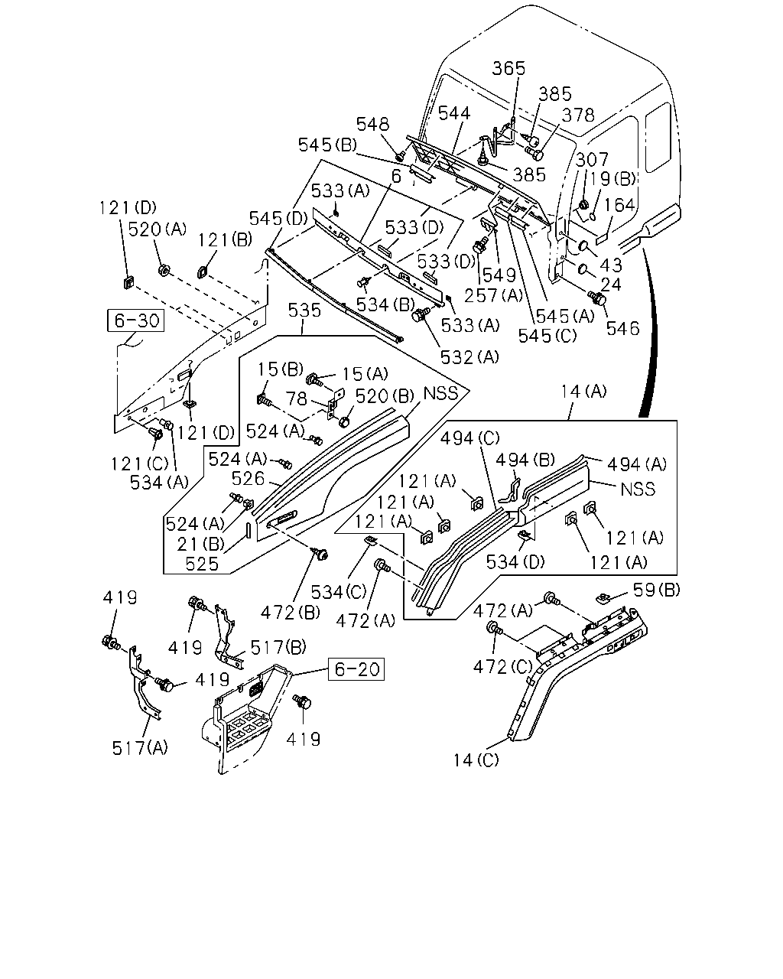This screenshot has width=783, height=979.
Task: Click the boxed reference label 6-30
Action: (x=135, y=320)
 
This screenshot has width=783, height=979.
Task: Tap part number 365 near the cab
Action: (x=508, y=68)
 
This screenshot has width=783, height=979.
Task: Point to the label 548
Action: (x=372, y=124)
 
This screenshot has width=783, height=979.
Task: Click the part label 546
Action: (x=623, y=328)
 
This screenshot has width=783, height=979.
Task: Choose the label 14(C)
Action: (x=476, y=759)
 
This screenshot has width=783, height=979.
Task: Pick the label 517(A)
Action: (x=140, y=747)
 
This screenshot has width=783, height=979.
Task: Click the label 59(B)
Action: (x=657, y=590)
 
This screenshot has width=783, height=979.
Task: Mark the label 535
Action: (x=304, y=311)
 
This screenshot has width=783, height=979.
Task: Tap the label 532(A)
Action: (x=469, y=357)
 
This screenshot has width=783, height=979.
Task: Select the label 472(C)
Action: (x=502, y=667)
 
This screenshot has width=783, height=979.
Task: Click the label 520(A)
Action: (x=158, y=229)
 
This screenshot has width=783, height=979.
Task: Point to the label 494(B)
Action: (x=525, y=460)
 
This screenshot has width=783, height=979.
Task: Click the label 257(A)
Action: (x=494, y=296)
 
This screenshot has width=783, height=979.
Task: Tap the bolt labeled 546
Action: (x=597, y=298)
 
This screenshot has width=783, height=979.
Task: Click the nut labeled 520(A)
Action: (x=164, y=270)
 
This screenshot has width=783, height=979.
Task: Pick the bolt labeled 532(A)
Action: (x=421, y=314)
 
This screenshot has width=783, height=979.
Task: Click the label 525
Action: (x=202, y=564)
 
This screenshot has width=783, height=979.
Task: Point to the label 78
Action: (x=297, y=398)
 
